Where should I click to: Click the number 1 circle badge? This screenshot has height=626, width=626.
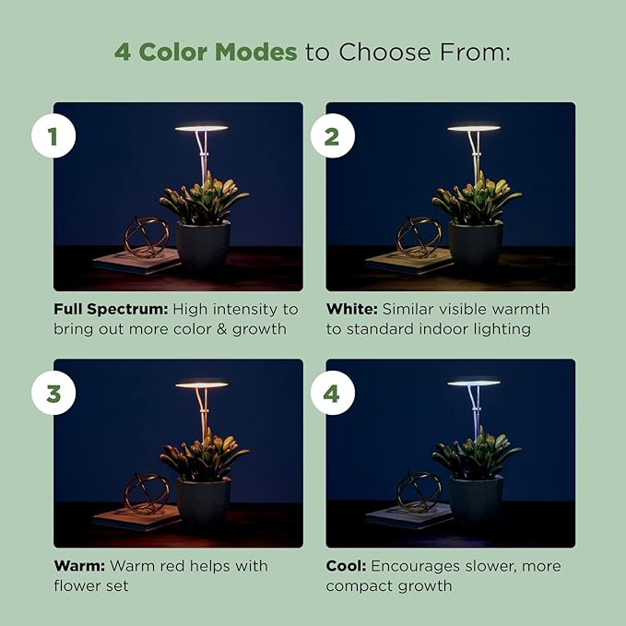(x=53, y=137)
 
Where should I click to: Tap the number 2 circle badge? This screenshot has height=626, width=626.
(x=332, y=137)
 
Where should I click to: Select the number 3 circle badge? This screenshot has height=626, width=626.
(x=53, y=394)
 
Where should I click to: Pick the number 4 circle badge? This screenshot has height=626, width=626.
(x=332, y=394)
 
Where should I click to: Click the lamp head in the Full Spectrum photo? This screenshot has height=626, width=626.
(x=201, y=128)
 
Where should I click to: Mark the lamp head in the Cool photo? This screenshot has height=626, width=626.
(x=474, y=382)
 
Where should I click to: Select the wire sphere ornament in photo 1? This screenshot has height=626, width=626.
(x=148, y=236)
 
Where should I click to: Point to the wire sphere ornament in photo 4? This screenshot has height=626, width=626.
(x=419, y=490)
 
